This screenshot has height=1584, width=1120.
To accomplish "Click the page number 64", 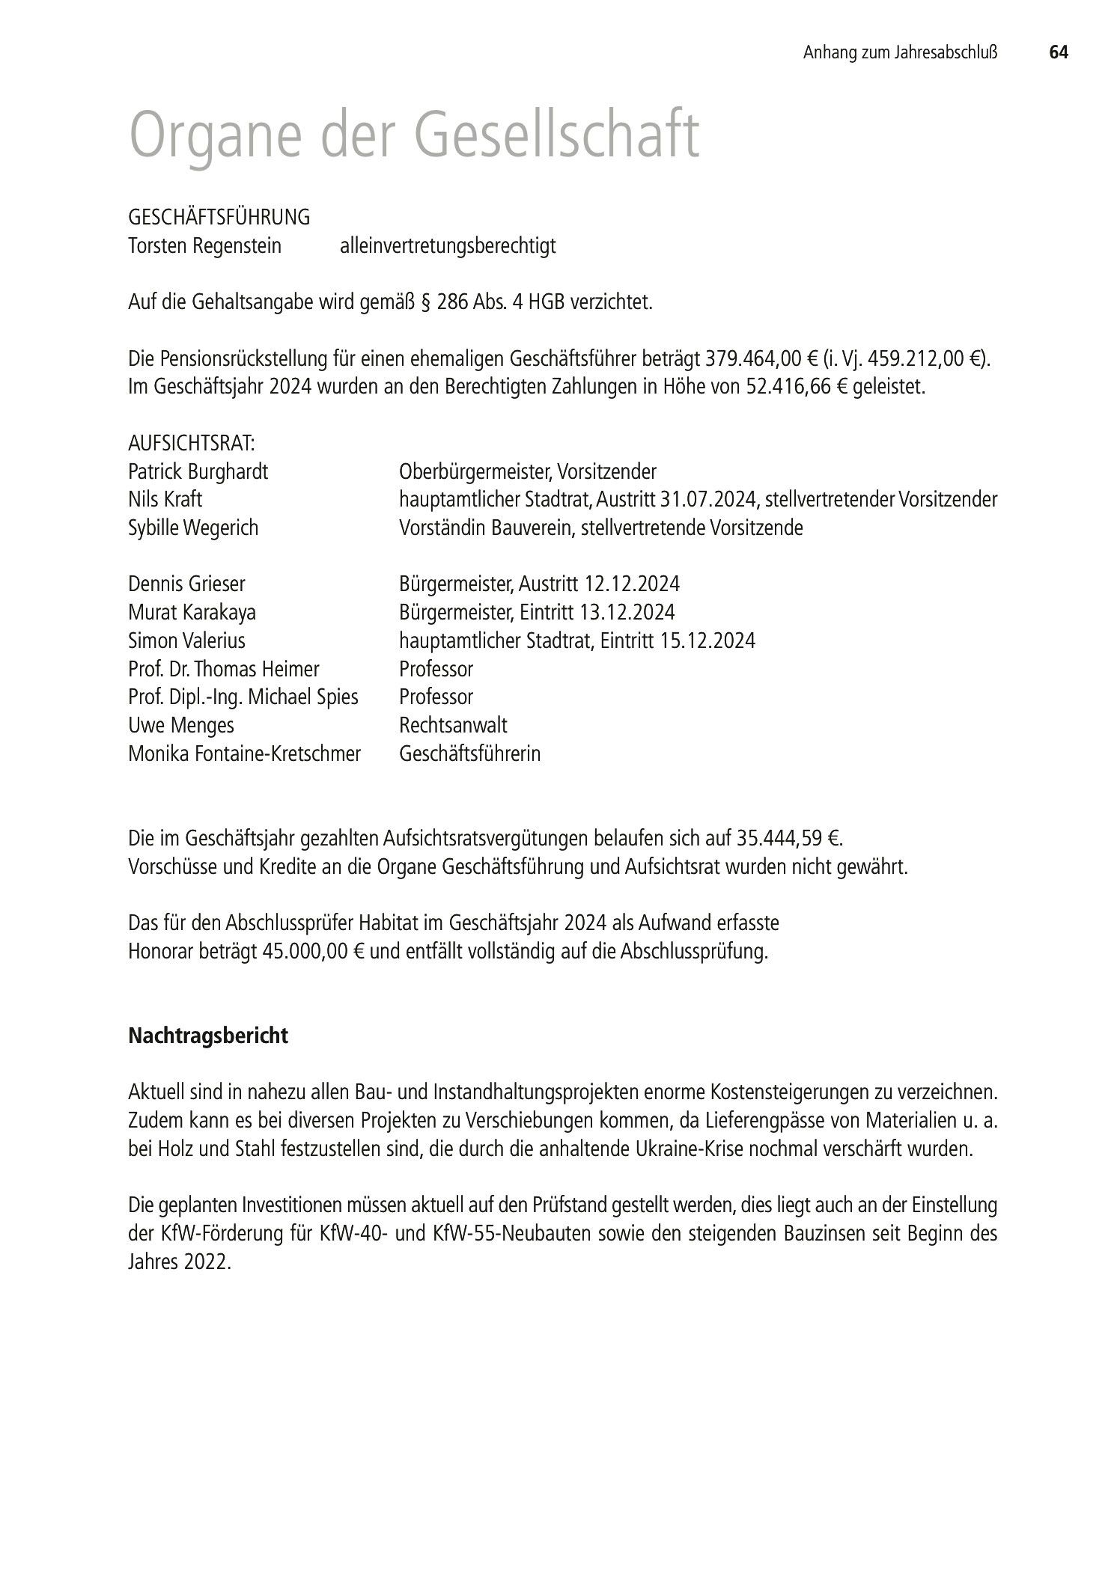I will pos(1058,52).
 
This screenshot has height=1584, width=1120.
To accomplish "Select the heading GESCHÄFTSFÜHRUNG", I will pos(219,218).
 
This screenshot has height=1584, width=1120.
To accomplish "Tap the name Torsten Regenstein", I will pos(205,246).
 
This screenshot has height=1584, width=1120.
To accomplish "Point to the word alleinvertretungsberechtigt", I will pos(448,246).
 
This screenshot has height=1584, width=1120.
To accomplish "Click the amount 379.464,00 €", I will pos(761,359).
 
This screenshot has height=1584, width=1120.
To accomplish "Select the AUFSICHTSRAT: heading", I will pos(192,444).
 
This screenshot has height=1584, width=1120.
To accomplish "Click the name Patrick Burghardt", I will pos(198,472).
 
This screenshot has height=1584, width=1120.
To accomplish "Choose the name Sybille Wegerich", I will pos(193,528).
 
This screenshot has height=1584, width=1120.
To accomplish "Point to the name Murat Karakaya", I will pos(192,612).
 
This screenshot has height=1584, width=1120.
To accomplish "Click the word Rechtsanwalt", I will pos(453,725).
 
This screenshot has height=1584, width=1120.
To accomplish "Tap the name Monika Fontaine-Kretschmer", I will pos(244,753).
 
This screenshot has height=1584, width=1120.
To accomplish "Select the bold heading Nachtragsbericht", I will pos(208,1036).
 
